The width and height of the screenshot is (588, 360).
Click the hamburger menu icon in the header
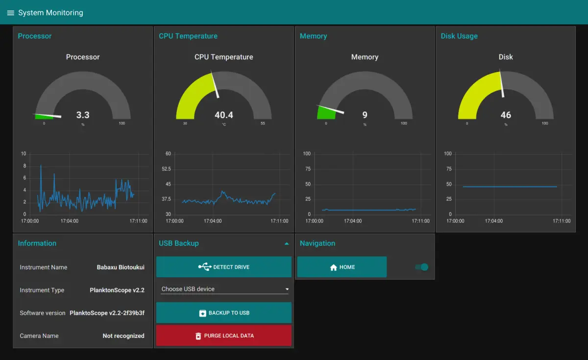(x=10, y=13)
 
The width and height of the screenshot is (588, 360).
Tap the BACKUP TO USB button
(x=224, y=313)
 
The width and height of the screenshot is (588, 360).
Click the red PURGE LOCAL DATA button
(x=224, y=336)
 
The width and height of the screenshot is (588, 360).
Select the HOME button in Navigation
(x=342, y=267)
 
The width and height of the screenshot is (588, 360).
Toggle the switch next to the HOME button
(x=421, y=267)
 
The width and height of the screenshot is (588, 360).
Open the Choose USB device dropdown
(x=224, y=289)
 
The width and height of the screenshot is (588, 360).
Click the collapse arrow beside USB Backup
(x=287, y=243)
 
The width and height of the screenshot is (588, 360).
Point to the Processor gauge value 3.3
(x=83, y=115)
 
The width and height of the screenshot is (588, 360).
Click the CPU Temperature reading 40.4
(x=224, y=115)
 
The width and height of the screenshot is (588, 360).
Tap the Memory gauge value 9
(x=365, y=115)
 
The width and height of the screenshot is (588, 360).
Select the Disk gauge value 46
(x=506, y=115)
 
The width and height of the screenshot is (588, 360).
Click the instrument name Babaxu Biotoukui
(x=121, y=267)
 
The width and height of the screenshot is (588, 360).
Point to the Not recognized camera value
(x=123, y=336)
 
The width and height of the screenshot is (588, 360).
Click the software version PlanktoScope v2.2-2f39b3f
(x=107, y=313)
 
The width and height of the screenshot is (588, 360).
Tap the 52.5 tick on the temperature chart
(x=166, y=169)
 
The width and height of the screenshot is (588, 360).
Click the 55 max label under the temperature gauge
(x=263, y=123)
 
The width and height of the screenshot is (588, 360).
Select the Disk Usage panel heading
(x=459, y=36)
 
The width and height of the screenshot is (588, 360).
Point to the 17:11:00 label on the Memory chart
(x=420, y=221)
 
